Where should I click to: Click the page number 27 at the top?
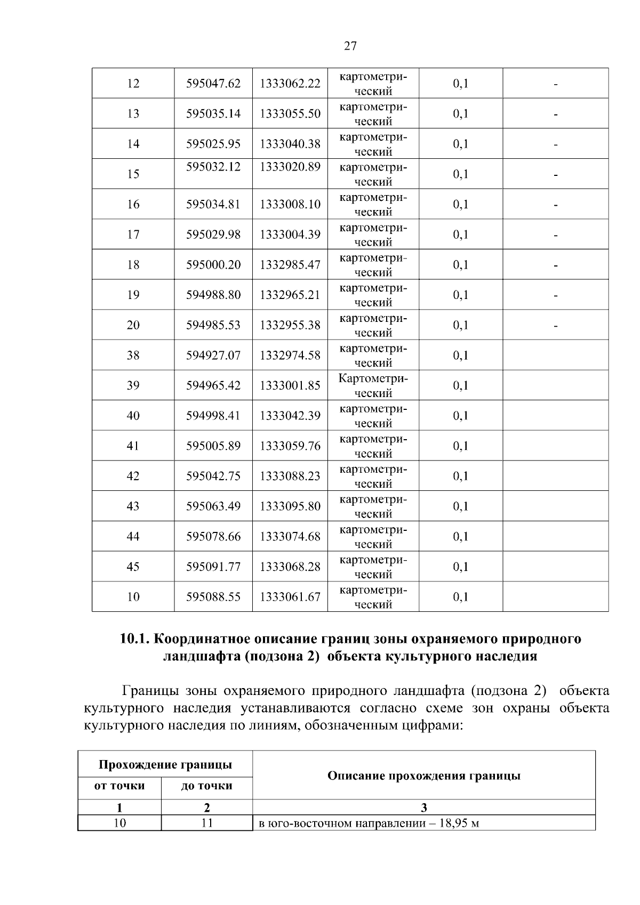point(350,46)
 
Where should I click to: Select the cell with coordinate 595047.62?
point(213,84)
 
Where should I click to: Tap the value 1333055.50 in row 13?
point(290,114)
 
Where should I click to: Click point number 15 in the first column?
point(133,174)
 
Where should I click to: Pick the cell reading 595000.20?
point(213,265)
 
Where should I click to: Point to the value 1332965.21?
point(290,295)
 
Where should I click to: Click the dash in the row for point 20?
point(556,326)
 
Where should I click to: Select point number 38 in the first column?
point(133,355)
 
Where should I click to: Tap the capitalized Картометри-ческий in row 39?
point(373,386)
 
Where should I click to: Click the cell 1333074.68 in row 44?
point(290,537)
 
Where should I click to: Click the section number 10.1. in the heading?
point(136,639)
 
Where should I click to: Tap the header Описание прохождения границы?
point(423,776)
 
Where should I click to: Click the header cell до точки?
point(206,786)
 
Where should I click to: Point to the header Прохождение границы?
point(165,765)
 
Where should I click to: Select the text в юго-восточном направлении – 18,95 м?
point(369,823)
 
